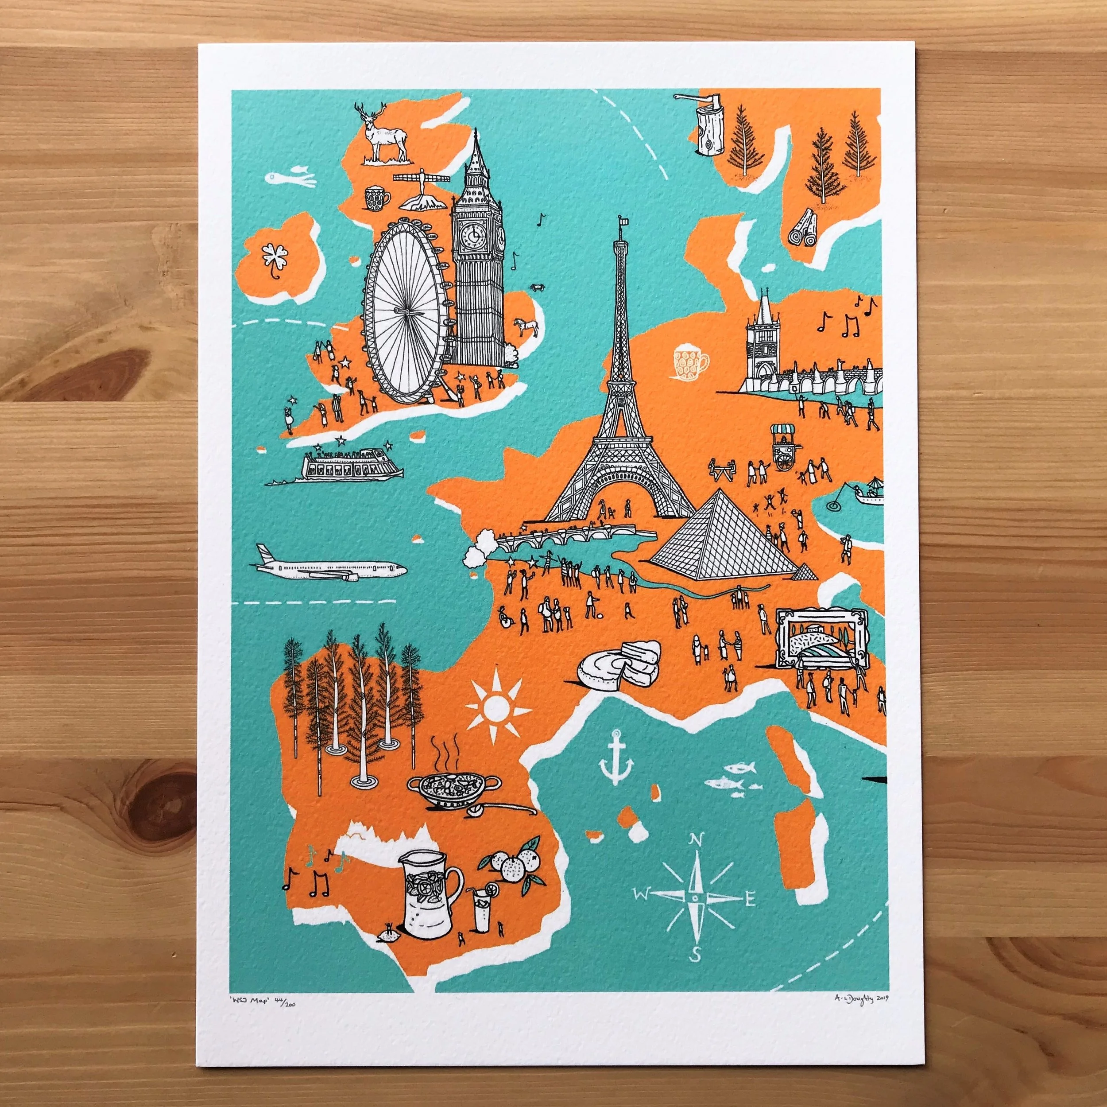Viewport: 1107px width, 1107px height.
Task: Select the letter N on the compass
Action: click(x=696, y=840)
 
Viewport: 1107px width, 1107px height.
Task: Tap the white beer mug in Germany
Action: click(x=690, y=363)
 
